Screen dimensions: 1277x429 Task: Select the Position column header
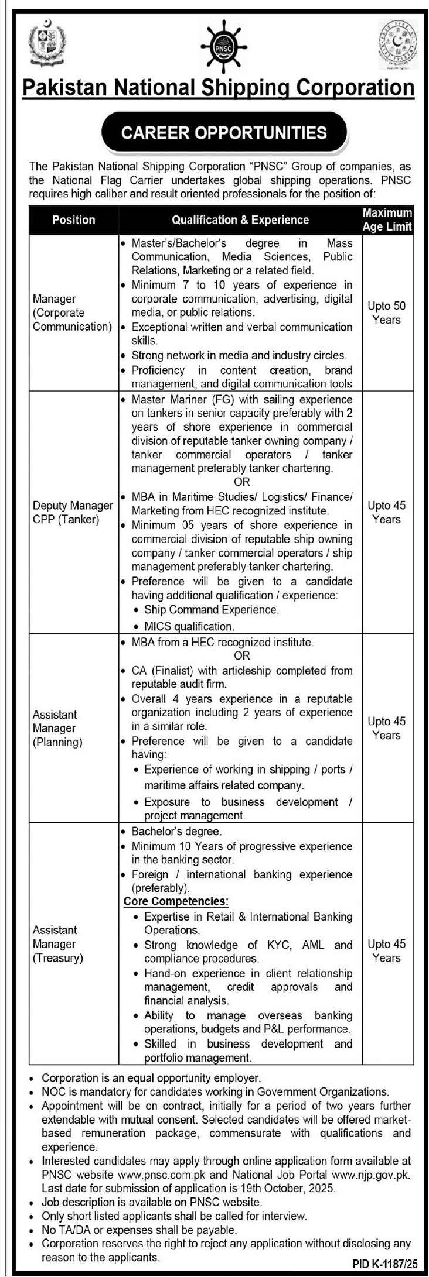(73, 220)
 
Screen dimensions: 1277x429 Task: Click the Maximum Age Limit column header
(387, 219)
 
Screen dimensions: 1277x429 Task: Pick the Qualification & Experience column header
(240, 220)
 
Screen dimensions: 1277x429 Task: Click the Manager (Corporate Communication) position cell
(72, 313)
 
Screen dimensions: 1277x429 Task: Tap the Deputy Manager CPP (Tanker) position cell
(73, 512)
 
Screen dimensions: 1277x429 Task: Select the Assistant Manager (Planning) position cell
(57, 728)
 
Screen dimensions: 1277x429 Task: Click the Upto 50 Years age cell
(386, 313)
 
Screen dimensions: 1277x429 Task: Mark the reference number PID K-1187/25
(384, 1264)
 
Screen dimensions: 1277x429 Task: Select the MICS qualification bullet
(189, 626)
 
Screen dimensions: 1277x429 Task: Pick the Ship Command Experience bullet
(212, 610)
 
